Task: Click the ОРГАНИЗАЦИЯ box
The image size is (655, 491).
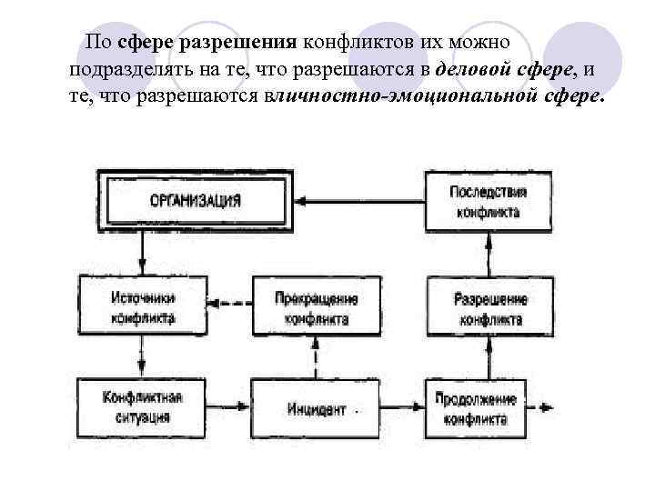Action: click(196, 200)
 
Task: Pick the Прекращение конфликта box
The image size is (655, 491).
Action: click(315, 308)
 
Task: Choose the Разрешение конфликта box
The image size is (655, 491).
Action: click(490, 308)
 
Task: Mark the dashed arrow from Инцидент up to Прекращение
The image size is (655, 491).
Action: click(315, 358)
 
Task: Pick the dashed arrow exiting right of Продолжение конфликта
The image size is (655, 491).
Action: click(543, 407)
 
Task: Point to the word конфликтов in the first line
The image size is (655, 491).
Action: click(348, 43)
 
